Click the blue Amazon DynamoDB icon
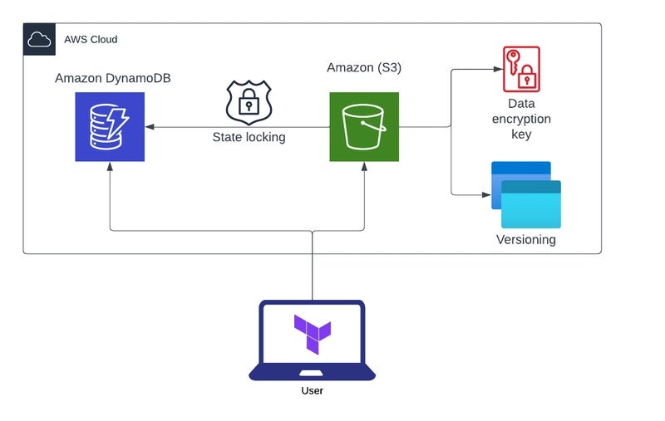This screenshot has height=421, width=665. (110, 127)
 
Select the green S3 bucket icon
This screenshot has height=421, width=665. (364, 127)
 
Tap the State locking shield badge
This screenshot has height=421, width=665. (249, 102)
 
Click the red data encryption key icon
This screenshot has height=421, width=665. (521, 69)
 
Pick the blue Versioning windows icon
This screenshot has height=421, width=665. (526, 194)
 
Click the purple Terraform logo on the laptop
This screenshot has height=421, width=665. (313, 334)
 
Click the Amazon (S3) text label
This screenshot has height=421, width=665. (364, 67)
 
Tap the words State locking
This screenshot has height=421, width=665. (249, 137)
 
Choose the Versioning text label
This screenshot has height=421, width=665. (525, 240)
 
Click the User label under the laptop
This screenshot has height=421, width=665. (313, 390)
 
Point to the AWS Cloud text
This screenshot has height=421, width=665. (91, 39)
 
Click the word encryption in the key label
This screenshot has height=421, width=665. (520, 119)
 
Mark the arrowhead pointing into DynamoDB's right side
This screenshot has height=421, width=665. (150, 127)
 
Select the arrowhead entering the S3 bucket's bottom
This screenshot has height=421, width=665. (364, 167)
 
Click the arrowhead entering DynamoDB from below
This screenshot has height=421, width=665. (110, 167)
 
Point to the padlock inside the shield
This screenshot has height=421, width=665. (249, 104)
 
